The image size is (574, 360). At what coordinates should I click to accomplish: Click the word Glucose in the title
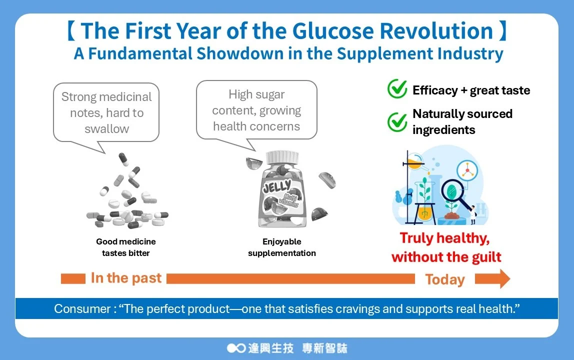(333, 31)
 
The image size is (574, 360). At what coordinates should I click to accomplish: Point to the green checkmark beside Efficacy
(397, 88)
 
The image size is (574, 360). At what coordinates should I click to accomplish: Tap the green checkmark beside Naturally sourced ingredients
(397, 121)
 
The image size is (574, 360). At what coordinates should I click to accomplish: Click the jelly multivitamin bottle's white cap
(282, 156)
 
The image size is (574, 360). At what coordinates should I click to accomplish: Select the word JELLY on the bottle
(277, 187)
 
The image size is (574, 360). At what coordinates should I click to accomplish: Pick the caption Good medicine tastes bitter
(126, 247)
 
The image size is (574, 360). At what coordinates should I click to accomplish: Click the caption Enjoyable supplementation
(282, 247)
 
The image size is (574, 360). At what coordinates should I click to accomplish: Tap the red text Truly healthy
(445, 238)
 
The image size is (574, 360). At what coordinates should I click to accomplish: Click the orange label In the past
(126, 278)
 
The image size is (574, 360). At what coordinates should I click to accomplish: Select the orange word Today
(445, 279)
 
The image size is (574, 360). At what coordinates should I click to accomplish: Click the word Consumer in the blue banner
(82, 308)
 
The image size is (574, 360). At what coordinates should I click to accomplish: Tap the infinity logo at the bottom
(236, 348)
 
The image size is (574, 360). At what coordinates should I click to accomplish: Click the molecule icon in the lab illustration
(467, 170)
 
